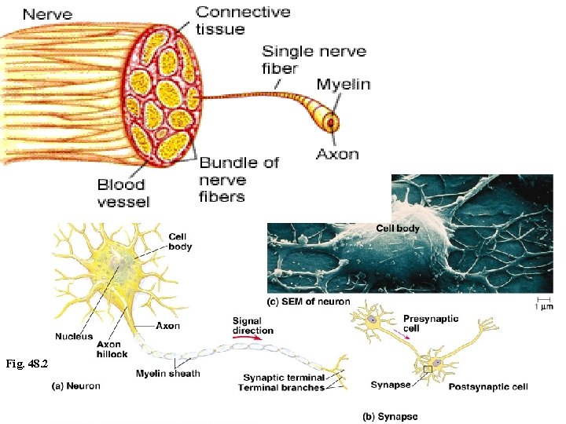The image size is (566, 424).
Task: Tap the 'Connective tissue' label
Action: (243, 20)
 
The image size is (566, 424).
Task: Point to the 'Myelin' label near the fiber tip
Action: (344, 85)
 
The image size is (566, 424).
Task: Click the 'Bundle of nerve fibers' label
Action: (238, 179)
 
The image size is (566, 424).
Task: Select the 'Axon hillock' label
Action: (112, 349)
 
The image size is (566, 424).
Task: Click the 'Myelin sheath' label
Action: (167, 373)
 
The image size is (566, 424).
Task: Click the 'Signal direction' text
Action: (252, 326)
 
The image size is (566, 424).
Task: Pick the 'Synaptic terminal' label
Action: (283, 378)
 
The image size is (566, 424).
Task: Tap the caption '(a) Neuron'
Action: (75, 386)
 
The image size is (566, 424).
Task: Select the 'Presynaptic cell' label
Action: (431, 323)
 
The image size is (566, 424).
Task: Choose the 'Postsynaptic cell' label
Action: (487, 386)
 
